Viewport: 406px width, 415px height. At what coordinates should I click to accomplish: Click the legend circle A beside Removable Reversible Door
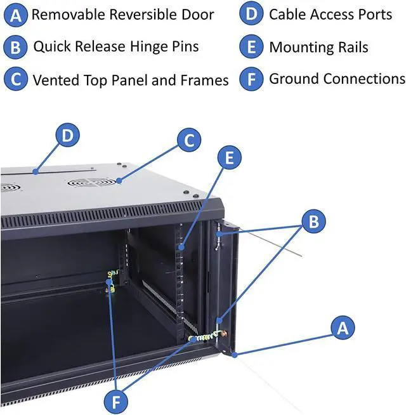pos(16,15)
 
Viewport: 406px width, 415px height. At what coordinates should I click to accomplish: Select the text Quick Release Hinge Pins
pos(115,46)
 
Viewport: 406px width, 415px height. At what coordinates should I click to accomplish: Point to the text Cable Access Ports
pos(331,14)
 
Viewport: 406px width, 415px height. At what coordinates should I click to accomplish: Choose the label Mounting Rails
pos(318,47)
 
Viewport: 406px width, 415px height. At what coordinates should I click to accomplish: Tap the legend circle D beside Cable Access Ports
pos(251,15)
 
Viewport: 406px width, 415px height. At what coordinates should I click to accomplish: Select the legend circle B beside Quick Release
pos(16,47)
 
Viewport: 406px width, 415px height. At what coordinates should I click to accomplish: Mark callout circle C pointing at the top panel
pos(188,141)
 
